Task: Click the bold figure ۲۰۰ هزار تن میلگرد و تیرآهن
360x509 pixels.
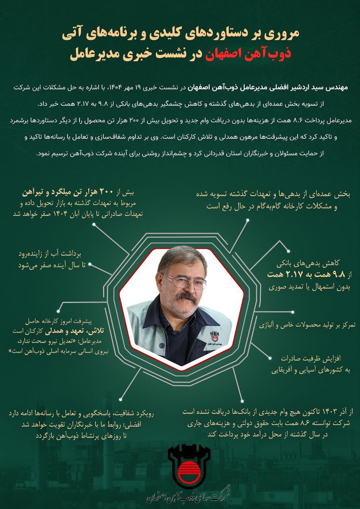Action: (x=86, y=193)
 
